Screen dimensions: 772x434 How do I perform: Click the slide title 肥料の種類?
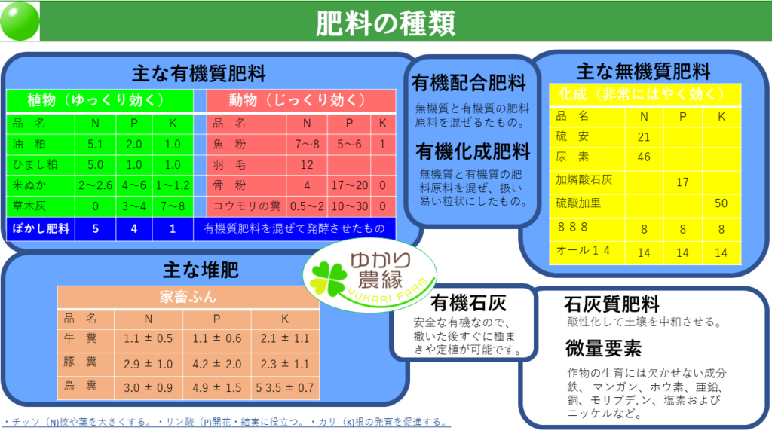(385, 23)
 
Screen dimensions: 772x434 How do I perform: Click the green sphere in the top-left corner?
(20, 20)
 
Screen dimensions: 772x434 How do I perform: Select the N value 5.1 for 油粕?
(95, 144)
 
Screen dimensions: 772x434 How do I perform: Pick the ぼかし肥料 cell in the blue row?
(41, 229)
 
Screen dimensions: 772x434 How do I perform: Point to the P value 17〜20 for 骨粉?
(350, 185)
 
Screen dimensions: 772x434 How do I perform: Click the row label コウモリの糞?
(247, 206)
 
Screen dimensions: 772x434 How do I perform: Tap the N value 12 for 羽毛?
(307, 165)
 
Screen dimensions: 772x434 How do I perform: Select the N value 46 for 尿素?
(644, 157)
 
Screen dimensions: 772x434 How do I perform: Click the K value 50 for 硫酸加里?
(721, 203)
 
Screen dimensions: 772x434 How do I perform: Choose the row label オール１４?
(583, 250)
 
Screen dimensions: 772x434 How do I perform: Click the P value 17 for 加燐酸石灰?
(682, 182)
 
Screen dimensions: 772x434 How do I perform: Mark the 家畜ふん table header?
(188, 297)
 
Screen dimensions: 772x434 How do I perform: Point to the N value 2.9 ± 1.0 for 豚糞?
(148, 364)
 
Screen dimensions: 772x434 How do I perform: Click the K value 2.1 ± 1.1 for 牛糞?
(284, 338)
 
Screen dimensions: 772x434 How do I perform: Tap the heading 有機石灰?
(468, 303)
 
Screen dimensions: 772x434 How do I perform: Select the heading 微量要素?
(603, 348)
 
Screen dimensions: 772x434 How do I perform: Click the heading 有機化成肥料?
(473, 152)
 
